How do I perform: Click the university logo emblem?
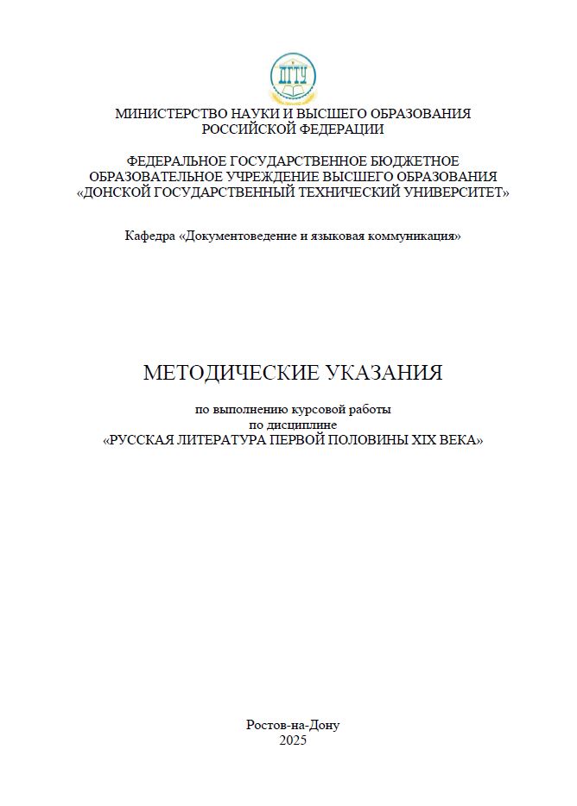(293, 78)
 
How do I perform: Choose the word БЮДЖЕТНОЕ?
(414, 161)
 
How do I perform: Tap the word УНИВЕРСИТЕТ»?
(458, 192)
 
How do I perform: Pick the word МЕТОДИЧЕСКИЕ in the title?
(231, 373)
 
